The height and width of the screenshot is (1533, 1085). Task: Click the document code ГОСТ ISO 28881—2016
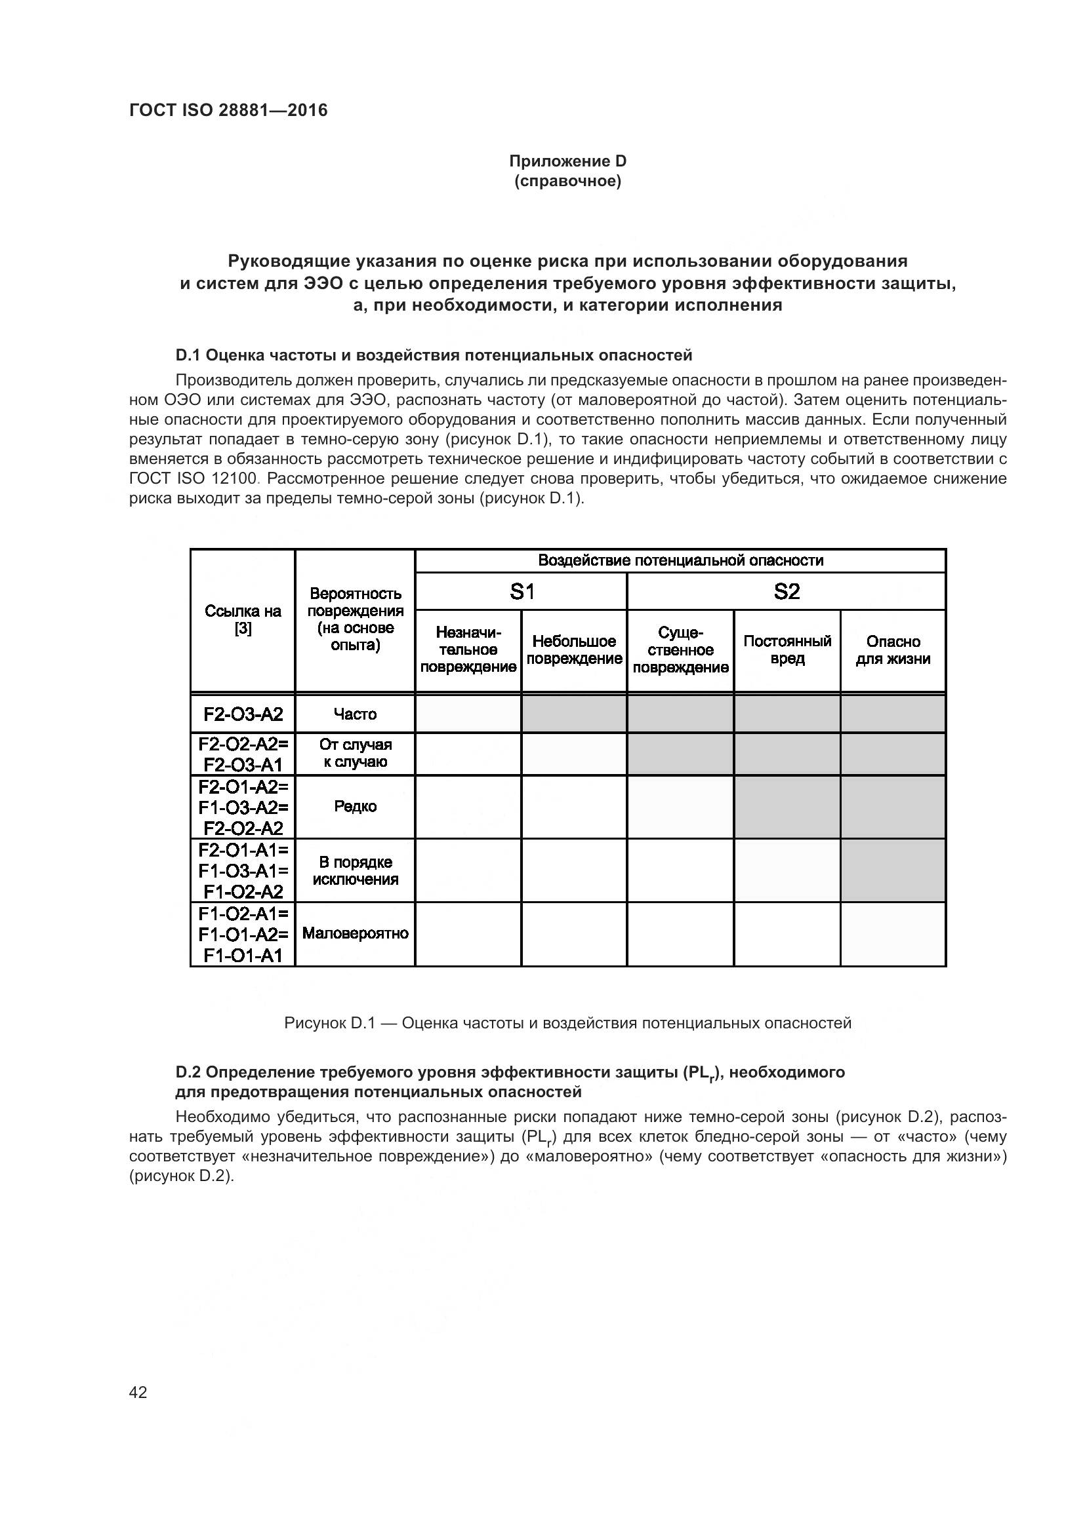tap(228, 110)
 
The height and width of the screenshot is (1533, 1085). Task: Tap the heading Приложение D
tap(567, 161)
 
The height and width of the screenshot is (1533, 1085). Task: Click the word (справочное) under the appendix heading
tap(567, 181)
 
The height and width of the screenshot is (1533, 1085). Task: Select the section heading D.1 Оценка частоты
tap(434, 355)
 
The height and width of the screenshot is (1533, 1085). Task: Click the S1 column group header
tap(521, 592)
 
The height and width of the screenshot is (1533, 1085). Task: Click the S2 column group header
tap(787, 592)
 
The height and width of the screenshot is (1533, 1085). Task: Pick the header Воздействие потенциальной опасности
tap(680, 561)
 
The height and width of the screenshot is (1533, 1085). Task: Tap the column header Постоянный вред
tap(787, 650)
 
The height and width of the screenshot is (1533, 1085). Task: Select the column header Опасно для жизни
tap(893, 650)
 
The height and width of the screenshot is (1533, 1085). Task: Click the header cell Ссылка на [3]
tap(243, 619)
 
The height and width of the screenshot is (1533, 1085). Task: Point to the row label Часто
tap(355, 714)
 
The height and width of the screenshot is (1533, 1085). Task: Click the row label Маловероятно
tap(355, 933)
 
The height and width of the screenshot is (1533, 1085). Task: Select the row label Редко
tap(355, 807)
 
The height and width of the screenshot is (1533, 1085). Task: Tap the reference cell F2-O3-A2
tap(243, 714)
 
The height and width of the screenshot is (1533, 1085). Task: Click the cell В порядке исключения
tap(355, 870)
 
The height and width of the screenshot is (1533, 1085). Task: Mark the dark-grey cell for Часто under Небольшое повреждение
tap(574, 714)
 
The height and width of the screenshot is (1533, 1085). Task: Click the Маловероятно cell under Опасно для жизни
tap(893, 934)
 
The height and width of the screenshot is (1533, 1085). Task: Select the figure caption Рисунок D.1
tap(567, 1023)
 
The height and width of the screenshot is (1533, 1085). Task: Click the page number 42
tap(138, 1392)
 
